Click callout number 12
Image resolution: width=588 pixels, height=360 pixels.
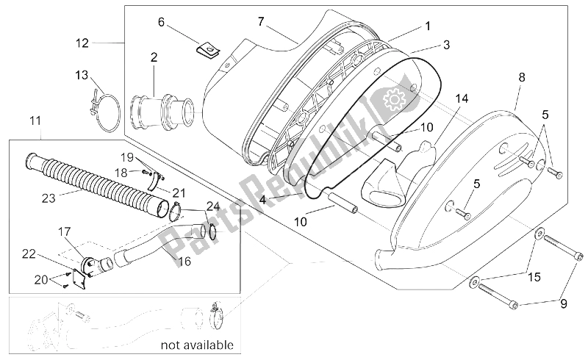click(x=82, y=43)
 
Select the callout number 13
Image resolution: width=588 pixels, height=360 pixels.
click(x=82, y=75)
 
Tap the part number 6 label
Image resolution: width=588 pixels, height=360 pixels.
click(x=161, y=23)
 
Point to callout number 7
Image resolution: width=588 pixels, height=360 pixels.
click(x=260, y=21)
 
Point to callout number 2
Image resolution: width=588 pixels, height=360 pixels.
click(x=154, y=57)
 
